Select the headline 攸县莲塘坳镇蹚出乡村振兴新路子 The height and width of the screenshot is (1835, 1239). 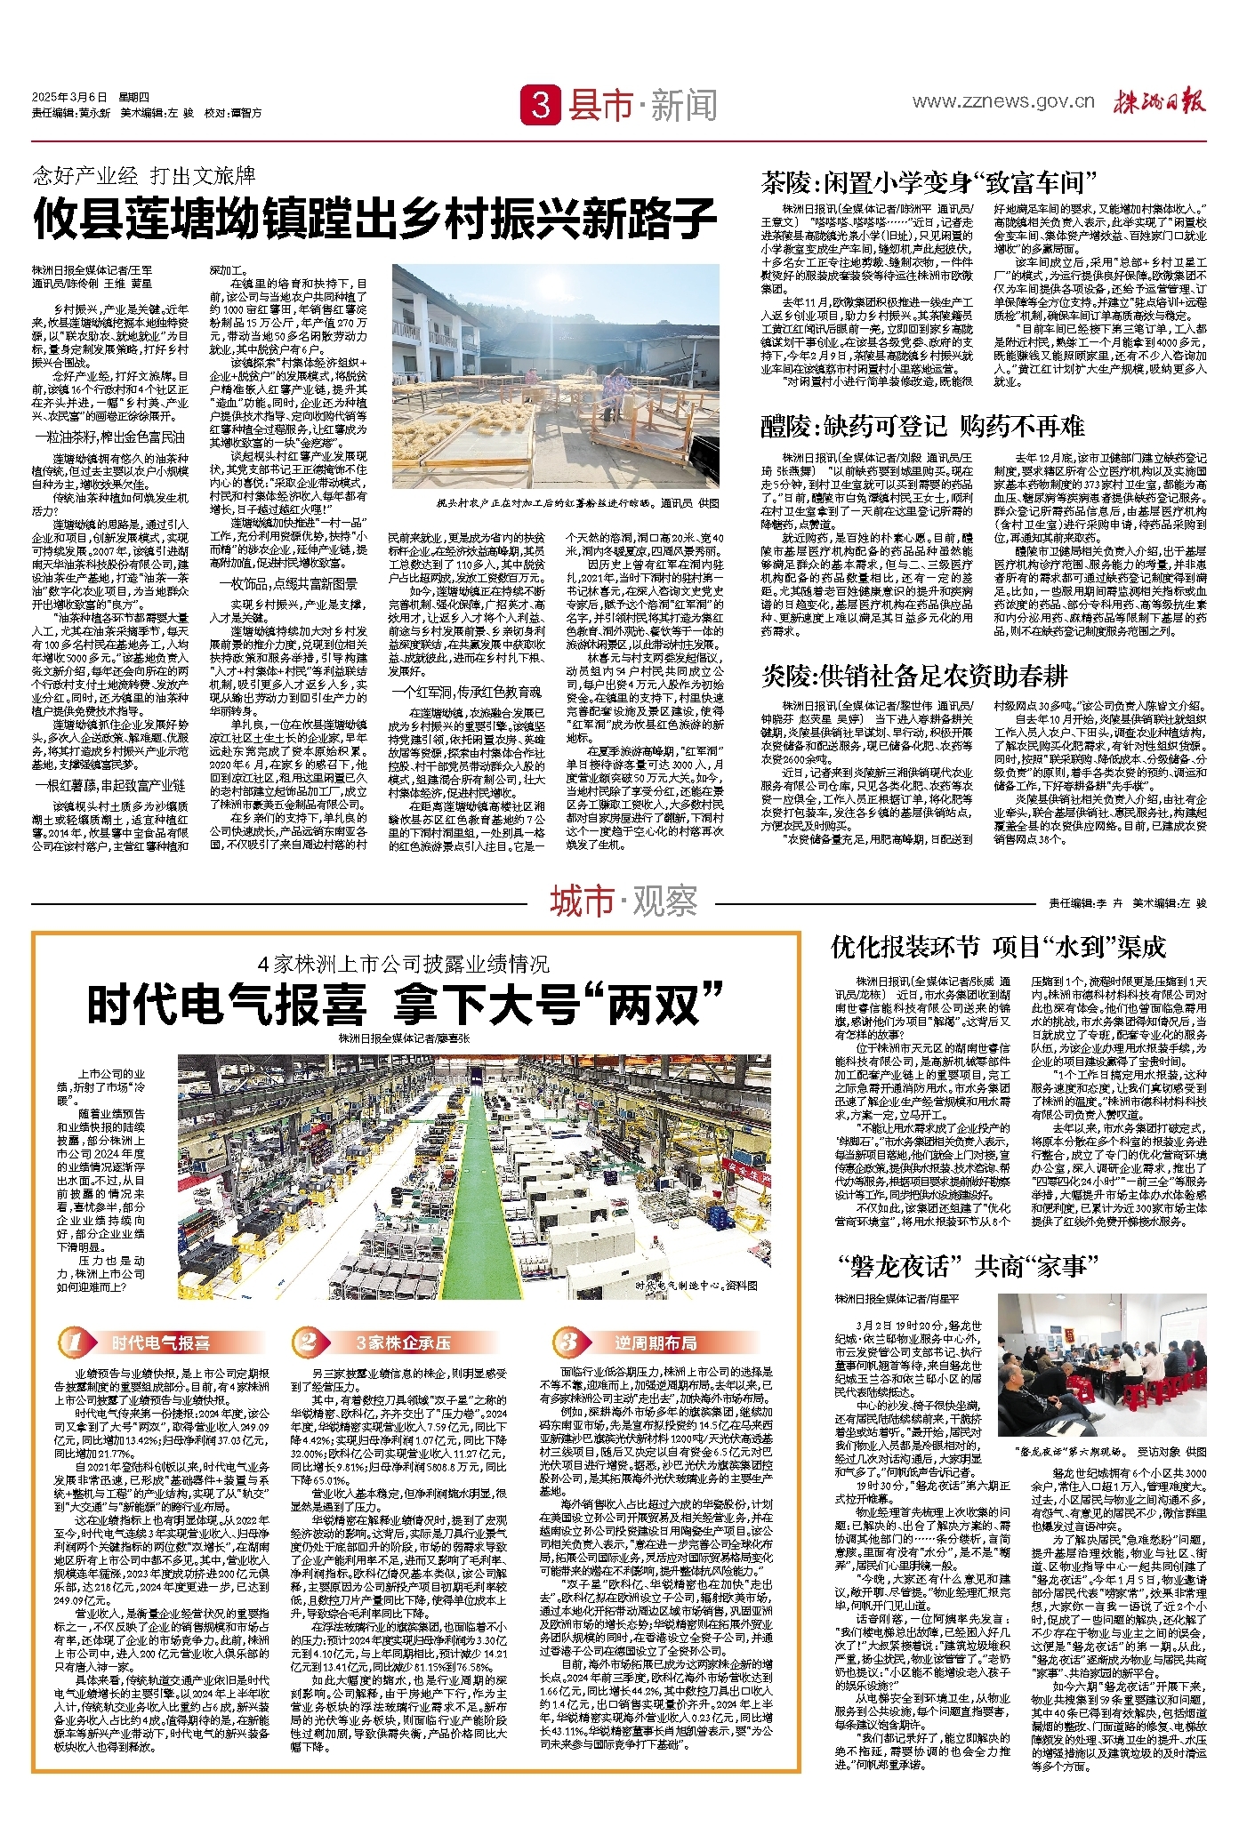coord(374,219)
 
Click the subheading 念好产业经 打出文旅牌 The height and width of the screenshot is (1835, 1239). coord(144,173)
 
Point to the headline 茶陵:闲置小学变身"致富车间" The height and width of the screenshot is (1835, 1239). coord(928,182)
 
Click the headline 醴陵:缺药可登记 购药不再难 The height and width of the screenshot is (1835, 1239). coord(922,426)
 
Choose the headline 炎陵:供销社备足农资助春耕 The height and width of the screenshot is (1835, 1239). coord(913,676)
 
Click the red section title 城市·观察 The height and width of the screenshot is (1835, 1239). coord(623,901)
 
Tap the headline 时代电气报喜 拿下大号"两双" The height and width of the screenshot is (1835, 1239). coord(406,1006)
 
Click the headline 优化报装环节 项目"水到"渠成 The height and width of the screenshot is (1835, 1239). coord(998,947)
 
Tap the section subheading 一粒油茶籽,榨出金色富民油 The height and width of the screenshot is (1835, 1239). coord(109,437)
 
